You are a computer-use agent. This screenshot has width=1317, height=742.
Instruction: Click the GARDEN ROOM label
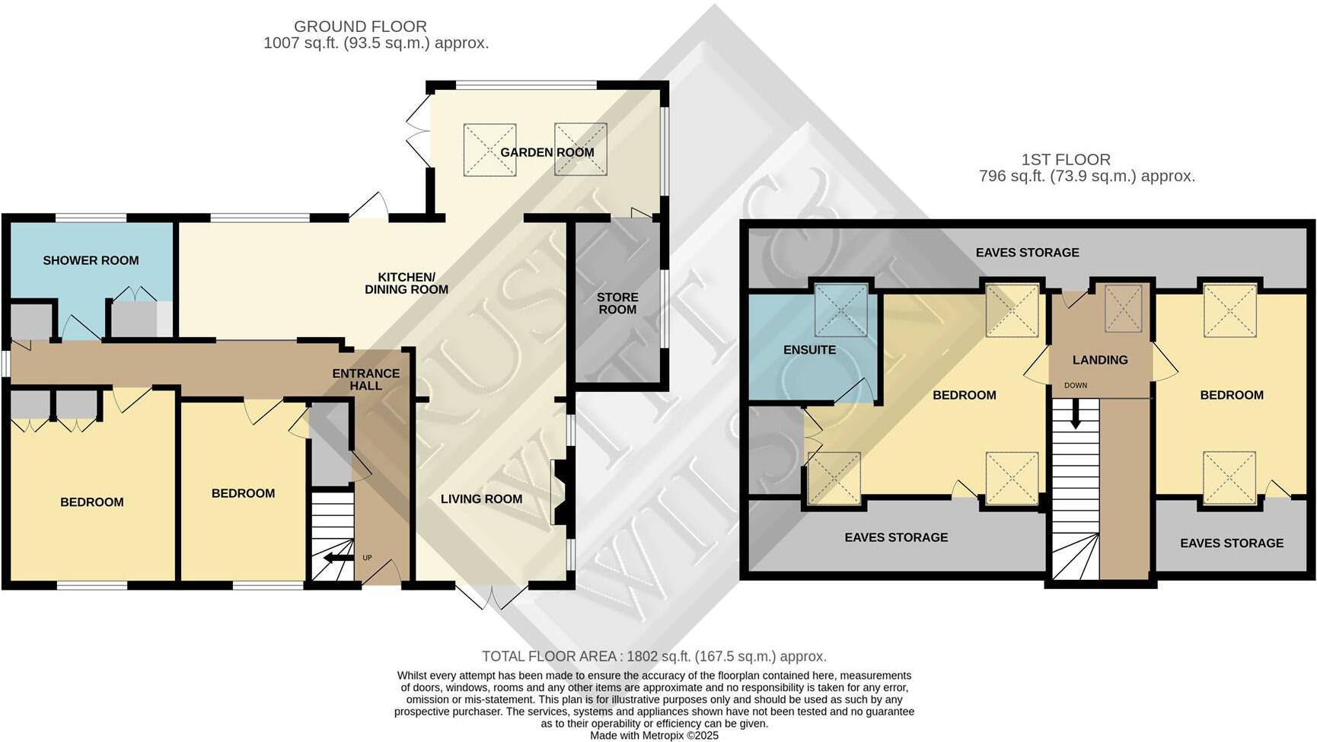pos(547,152)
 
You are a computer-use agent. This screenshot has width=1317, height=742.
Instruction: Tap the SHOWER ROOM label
pos(91,260)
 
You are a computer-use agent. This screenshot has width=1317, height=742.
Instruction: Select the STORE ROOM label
pos(617,303)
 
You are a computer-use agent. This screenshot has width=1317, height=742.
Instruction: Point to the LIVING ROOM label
pos(481,499)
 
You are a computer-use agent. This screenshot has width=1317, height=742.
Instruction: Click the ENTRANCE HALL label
pos(366,379)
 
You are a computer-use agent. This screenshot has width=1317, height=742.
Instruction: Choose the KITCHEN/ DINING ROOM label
pos(407,283)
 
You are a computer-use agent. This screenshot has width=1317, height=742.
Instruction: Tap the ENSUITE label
pos(809,350)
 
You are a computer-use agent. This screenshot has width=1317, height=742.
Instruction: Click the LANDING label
pos(1100,360)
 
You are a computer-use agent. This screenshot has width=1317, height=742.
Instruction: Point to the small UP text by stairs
pos(368,558)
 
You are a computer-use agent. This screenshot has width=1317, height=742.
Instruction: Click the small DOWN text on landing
pos(1076,386)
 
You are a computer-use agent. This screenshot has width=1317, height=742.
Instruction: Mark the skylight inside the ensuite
pos(841,310)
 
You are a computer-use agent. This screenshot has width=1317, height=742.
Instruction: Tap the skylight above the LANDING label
pos(1124,308)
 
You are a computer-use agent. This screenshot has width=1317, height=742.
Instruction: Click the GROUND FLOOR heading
pos(360,27)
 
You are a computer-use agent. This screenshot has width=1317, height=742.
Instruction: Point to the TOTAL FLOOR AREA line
pos(654,656)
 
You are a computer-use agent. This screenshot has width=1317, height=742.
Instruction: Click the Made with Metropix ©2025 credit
pos(654,736)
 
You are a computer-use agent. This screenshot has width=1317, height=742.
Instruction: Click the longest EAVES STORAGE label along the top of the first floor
pos(1027,253)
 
